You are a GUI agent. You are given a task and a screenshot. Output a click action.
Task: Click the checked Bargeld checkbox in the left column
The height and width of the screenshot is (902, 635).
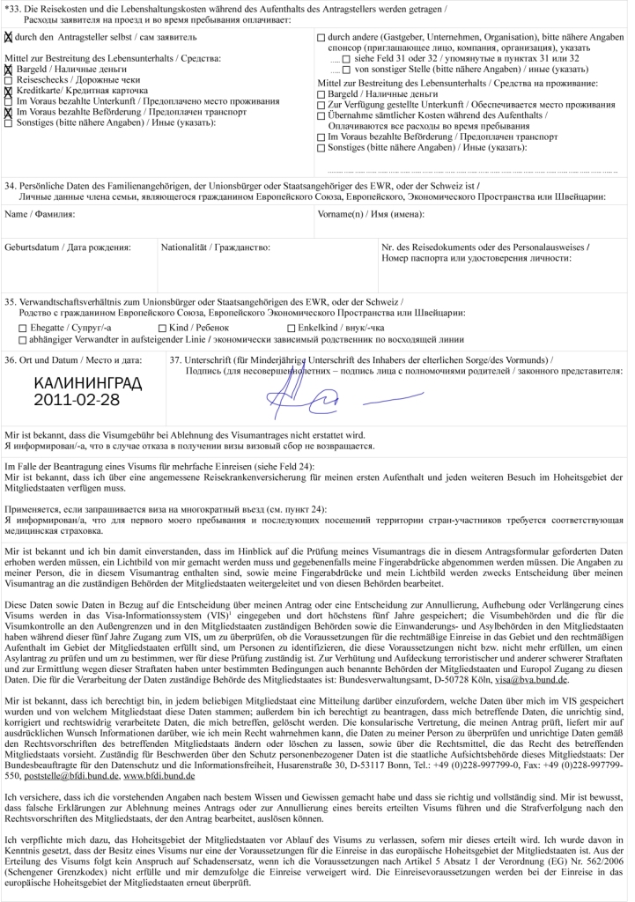pyautogui.click(x=9, y=69)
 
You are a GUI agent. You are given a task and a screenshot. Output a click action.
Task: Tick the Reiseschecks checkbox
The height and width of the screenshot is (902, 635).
pyautogui.click(x=9, y=80)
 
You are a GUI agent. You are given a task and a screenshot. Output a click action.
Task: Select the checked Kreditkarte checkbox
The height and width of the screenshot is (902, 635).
pyautogui.click(x=9, y=91)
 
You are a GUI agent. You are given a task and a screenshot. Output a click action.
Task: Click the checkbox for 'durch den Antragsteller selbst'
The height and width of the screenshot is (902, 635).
pyautogui.click(x=9, y=38)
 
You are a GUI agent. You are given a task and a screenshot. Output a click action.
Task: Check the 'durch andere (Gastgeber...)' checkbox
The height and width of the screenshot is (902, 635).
pyautogui.click(x=321, y=38)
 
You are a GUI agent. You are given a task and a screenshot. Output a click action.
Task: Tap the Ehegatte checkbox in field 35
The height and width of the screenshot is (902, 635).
pyautogui.click(x=23, y=328)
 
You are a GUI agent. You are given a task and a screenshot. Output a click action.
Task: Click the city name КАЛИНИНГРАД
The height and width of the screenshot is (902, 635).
pyautogui.click(x=87, y=384)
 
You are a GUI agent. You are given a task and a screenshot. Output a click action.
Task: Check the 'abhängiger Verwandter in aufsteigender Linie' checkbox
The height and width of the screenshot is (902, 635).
pyautogui.click(x=23, y=338)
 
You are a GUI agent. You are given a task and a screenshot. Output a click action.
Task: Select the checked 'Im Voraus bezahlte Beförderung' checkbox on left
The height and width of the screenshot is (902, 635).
pyautogui.click(x=9, y=112)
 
